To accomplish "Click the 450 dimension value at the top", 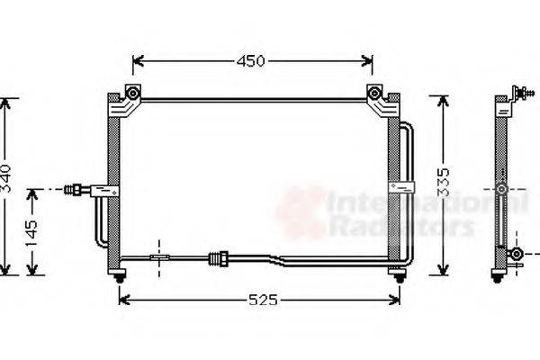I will [251, 61].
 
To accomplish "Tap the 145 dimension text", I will [31, 234].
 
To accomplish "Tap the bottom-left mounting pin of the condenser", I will [118, 280].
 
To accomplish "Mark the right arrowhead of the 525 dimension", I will [396, 299].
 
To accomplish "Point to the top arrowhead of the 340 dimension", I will [7, 101].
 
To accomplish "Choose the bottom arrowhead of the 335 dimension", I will [442, 272].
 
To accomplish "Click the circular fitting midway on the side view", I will [501, 191].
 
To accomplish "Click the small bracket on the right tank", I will [396, 186].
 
